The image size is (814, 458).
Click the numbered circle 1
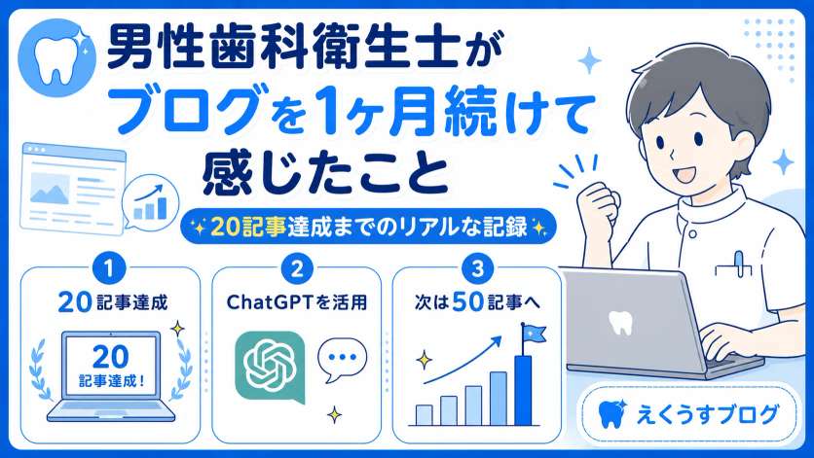tap(109, 268)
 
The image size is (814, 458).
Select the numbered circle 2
tap(297, 268)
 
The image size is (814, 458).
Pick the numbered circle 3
tap(477, 268)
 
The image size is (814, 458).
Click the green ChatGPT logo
tap(270, 367)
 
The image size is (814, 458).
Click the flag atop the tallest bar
tap(534, 333)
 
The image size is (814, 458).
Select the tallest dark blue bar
tap(523, 390)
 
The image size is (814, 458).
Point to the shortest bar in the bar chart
tap(425, 415)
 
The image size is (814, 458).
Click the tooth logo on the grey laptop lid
tap(620, 322)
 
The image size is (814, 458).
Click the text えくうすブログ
tap(708, 414)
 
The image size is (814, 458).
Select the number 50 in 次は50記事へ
tap(467, 301)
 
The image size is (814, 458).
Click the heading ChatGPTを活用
tap(297, 301)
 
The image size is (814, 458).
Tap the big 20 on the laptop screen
tap(110, 357)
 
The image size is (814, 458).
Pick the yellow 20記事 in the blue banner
tap(248, 227)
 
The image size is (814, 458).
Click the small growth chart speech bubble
tap(151, 203)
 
